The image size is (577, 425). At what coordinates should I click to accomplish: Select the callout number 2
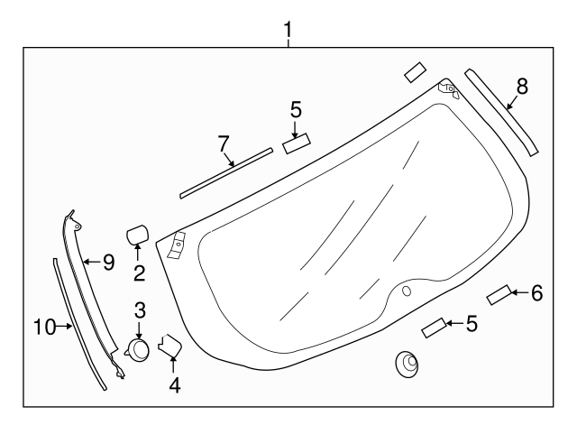139,273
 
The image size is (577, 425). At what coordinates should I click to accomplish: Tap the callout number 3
140,310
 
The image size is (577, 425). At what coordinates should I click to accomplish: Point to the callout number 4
175,385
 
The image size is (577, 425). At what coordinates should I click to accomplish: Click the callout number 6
536,292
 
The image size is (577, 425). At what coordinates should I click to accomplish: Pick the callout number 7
224,143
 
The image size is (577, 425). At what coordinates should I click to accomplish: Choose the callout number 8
522,87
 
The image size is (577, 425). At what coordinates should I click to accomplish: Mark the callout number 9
108,263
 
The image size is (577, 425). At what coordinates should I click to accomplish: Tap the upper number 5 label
296,110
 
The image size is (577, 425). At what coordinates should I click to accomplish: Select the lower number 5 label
471,322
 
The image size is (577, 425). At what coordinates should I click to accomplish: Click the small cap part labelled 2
137,234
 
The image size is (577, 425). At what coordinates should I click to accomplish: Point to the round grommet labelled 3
138,349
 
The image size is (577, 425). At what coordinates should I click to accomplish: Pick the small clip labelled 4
169,346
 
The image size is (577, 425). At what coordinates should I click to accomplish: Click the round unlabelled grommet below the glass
408,365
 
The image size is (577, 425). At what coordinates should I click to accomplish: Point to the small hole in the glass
405,291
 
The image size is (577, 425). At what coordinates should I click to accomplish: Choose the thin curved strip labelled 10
79,325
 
